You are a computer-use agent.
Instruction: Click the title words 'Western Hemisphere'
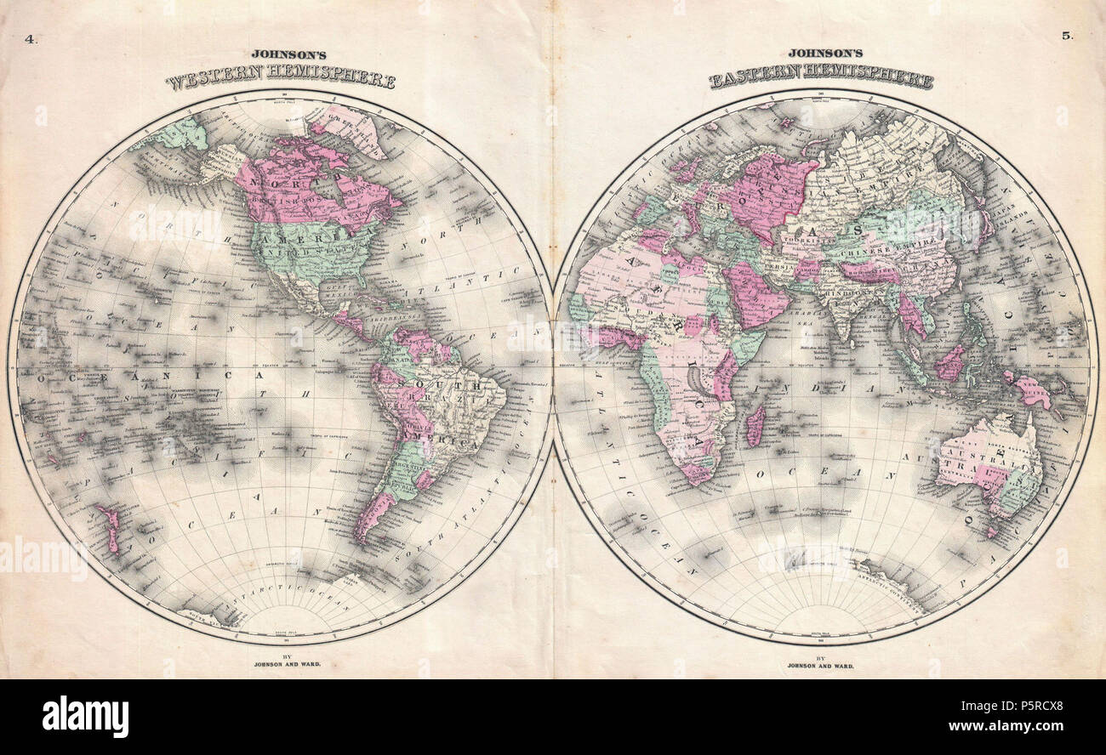click(280, 81)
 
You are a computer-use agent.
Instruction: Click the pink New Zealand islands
click(109, 526)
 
